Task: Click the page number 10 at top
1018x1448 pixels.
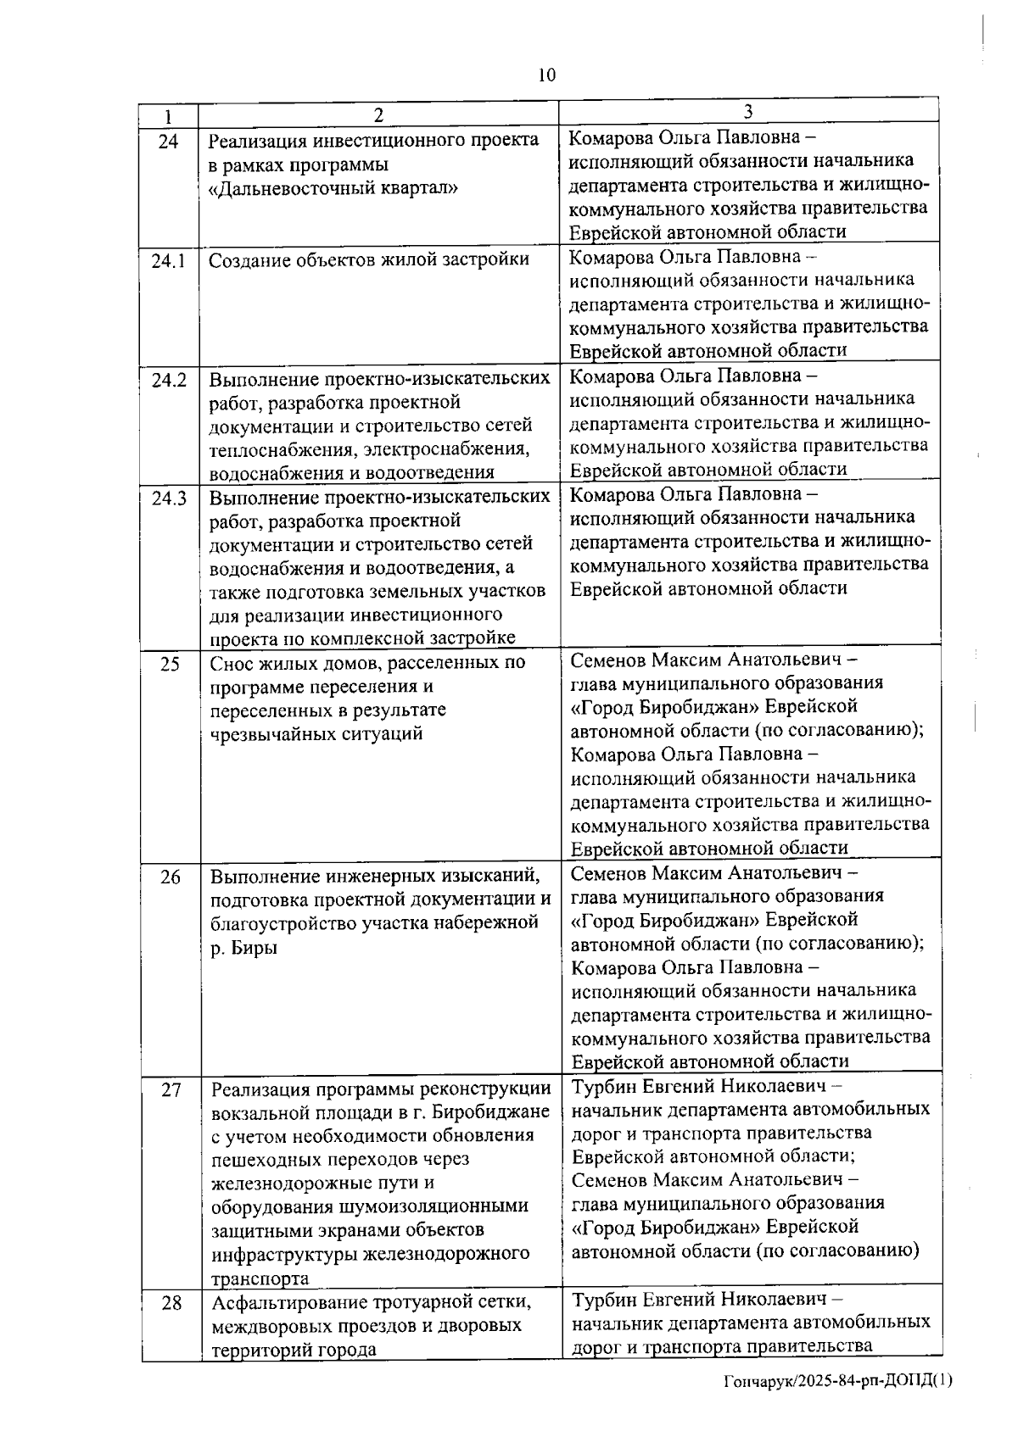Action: point(546,75)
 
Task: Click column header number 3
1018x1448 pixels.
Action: point(748,112)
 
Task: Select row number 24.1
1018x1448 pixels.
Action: point(169,261)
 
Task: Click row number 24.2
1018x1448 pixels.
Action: point(169,380)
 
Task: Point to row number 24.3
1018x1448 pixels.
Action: point(169,498)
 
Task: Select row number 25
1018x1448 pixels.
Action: point(170,664)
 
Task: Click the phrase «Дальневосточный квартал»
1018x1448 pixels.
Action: point(333,188)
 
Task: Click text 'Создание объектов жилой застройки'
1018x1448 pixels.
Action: point(368,260)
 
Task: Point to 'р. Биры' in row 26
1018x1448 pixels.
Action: point(243,948)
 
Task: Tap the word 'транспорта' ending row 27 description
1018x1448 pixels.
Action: point(260,1278)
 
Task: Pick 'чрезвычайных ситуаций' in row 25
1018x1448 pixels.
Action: point(316,734)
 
